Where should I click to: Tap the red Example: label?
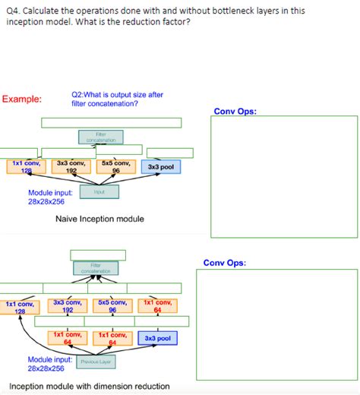22,99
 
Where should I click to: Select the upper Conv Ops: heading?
235,111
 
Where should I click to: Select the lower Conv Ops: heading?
224,263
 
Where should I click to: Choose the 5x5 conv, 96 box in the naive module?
116,166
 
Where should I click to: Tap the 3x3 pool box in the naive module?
160,166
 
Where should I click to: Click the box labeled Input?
99,192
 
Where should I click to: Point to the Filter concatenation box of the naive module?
101,137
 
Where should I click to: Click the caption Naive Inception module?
99,219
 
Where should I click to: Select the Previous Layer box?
94,362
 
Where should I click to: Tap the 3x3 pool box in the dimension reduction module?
158,338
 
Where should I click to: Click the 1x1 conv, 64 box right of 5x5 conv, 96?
157,306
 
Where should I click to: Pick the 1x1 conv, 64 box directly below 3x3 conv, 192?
68,338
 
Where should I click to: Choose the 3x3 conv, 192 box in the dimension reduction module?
68,306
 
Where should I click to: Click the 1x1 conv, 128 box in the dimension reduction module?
21,307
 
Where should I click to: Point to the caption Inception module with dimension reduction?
89,386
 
